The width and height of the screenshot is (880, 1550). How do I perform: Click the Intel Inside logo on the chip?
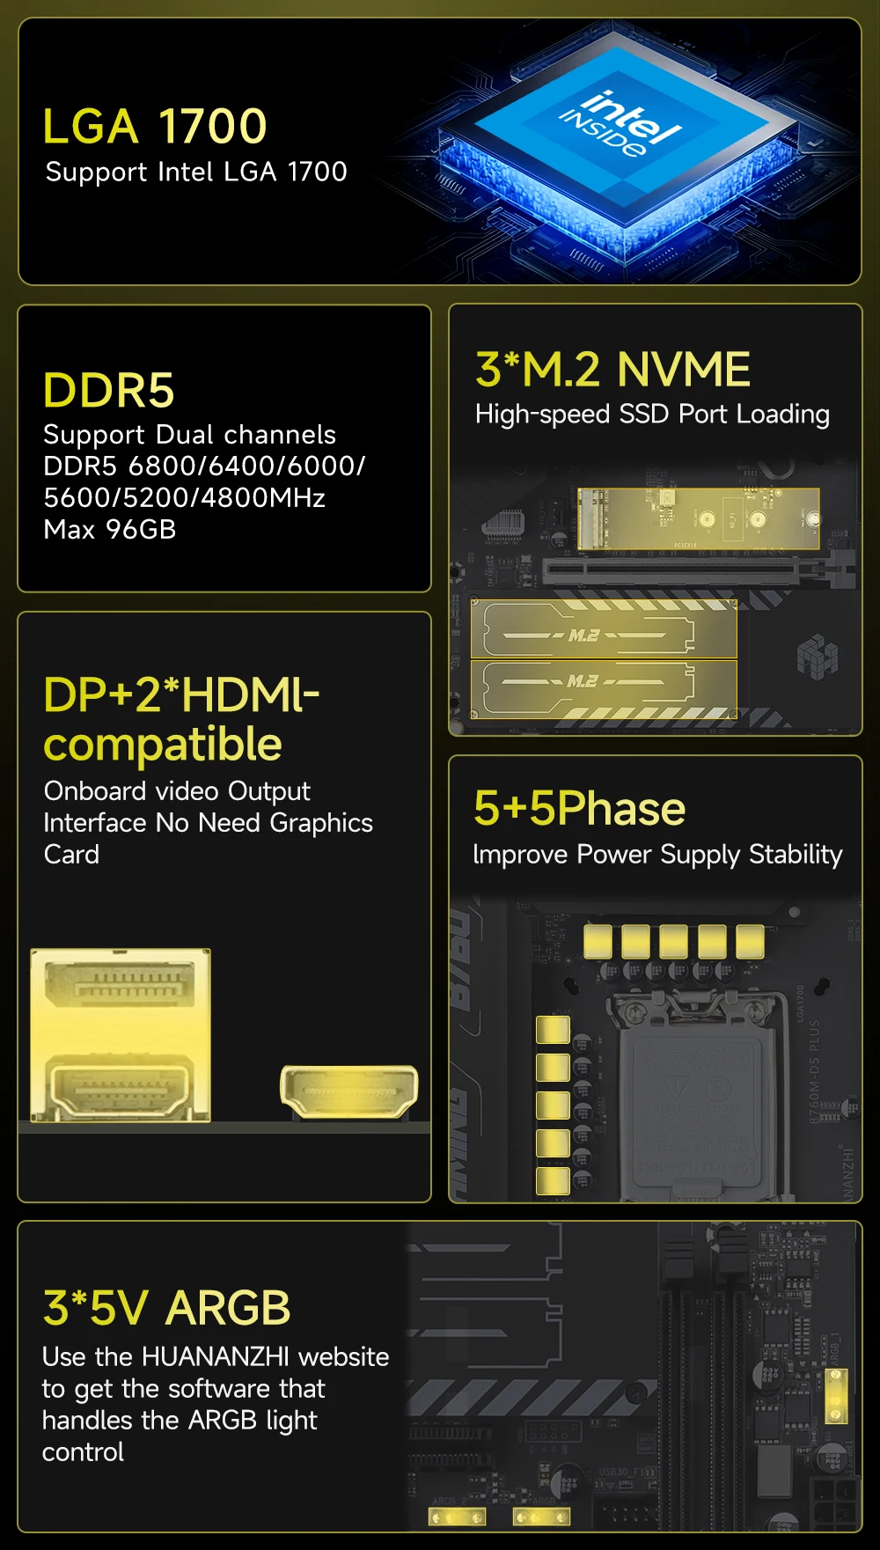pos(620,124)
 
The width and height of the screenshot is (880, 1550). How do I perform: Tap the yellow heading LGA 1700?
pos(155,126)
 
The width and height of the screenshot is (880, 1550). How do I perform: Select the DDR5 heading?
pos(109,390)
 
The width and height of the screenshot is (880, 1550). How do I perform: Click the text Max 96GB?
pos(110,529)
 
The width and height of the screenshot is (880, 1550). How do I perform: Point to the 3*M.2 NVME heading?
pos(612,369)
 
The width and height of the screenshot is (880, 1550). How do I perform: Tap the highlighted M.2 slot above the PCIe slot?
pos(698,518)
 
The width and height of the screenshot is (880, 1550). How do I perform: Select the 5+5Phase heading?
pos(579,808)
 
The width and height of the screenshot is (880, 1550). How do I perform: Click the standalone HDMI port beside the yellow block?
pos(348,1091)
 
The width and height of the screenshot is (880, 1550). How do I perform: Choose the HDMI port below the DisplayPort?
pos(121,1087)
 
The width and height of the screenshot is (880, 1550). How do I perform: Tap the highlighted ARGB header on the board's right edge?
pos(836,1394)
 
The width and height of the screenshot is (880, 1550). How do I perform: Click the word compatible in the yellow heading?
pos(163,745)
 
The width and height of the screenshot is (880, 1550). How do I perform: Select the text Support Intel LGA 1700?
pos(196,172)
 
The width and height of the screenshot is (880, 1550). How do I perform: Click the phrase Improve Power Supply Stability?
pos(657,855)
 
